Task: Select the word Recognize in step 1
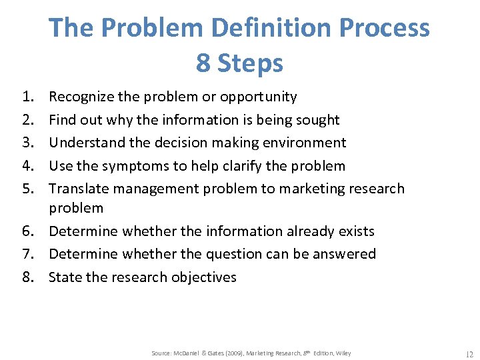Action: tap(82, 97)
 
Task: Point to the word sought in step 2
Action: tap(318, 120)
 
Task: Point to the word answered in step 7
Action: tap(346, 254)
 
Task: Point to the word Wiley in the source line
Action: tap(343, 353)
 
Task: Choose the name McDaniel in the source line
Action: tap(189, 353)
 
